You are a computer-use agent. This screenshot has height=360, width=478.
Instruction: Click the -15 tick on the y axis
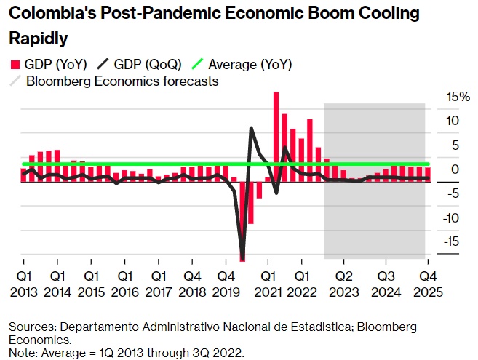[x=451, y=241]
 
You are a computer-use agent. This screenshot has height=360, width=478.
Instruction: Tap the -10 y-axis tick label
[x=451, y=217]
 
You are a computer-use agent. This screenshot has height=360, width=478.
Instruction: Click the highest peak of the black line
[x=251, y=129]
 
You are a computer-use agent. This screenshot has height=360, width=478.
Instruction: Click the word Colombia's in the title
[x=54, y=14]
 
